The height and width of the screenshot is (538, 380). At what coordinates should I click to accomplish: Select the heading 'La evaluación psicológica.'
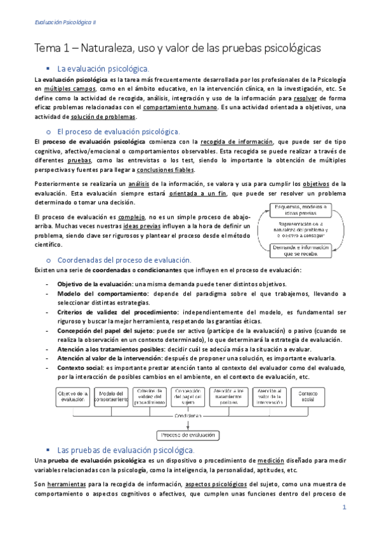103,68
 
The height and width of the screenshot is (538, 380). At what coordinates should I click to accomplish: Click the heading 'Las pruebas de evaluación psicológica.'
126,450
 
